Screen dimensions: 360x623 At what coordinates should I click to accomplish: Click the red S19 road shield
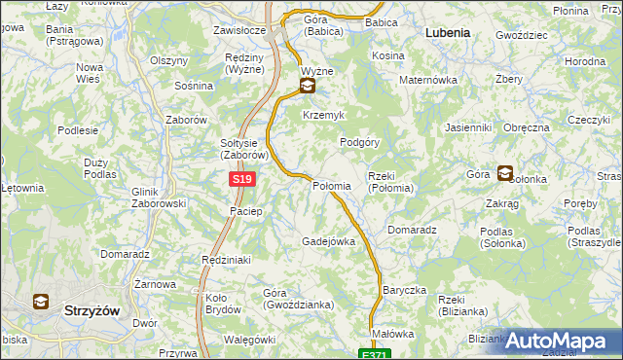click(243, 180)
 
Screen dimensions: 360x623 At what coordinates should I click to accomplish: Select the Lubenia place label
click(447, 32)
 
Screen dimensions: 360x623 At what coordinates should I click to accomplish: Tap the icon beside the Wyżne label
click(308, 87)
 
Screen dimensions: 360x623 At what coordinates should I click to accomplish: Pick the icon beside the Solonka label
click(504, 174)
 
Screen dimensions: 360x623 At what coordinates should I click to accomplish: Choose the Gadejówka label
click(328, 240)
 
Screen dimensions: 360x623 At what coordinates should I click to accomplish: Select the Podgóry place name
click(358, 141)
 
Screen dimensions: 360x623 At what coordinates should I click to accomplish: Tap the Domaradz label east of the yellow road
click(412, 230)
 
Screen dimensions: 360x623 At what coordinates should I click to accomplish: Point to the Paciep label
click(245, 211)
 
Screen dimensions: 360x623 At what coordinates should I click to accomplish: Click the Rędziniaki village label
click(226, 260)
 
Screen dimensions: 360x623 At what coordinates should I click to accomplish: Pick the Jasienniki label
click(467, 127)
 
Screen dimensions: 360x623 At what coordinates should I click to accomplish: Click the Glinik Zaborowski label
click(158, 198)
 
